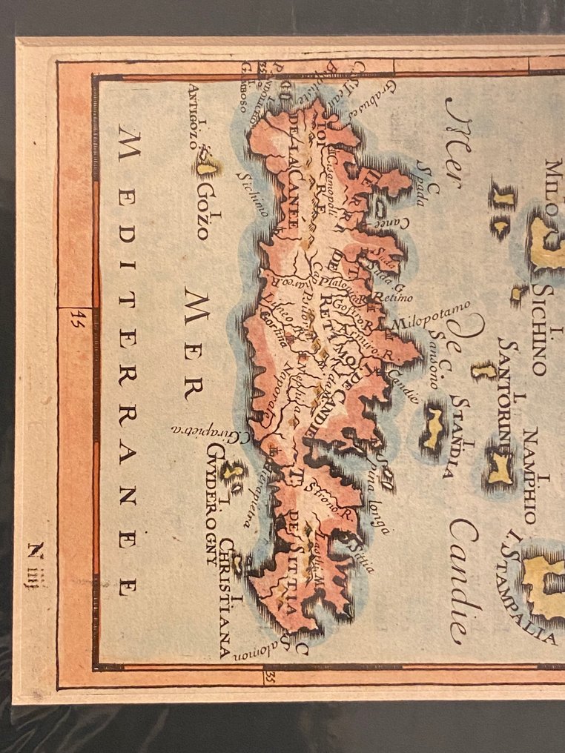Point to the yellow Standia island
tap(433, 428)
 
